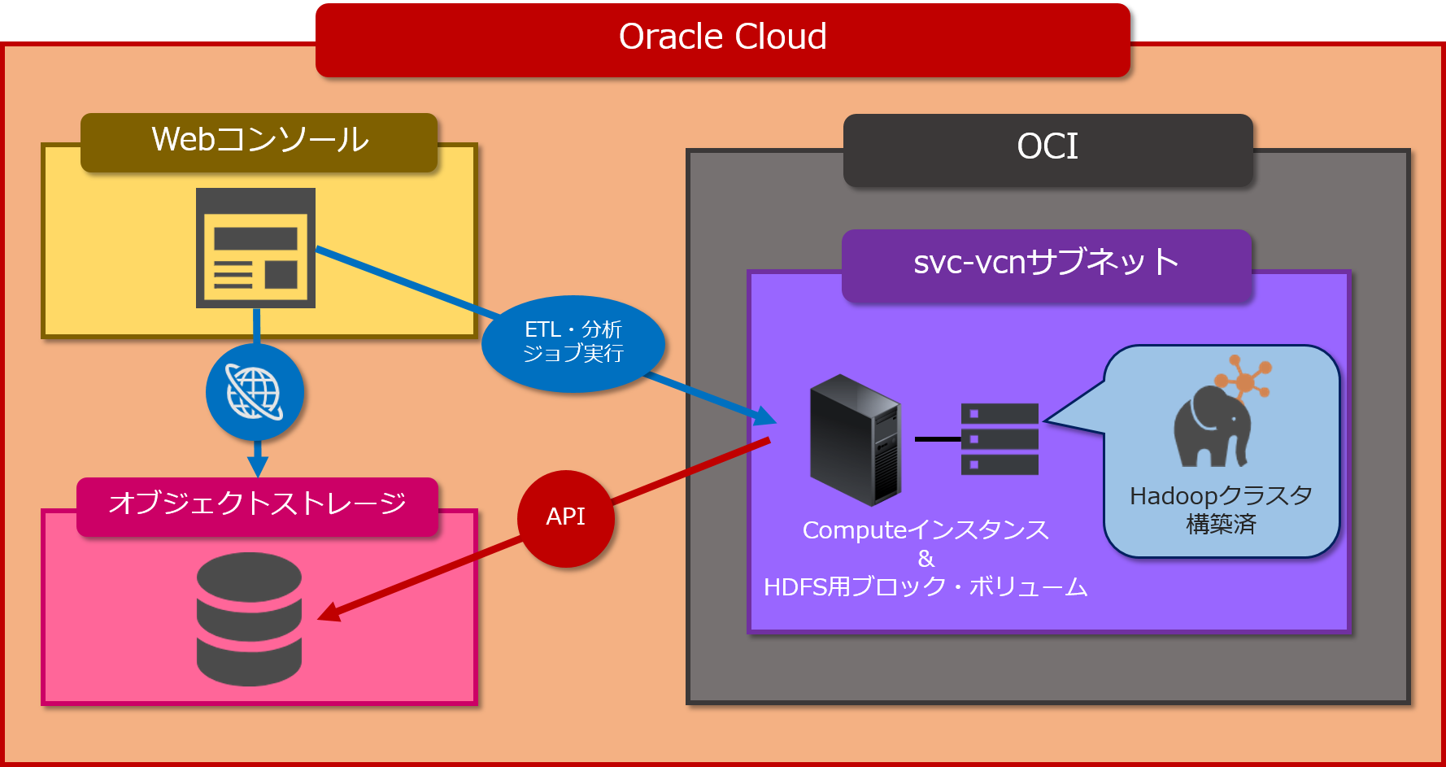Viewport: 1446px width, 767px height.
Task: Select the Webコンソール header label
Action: pyautogui.click(x=259, y=141)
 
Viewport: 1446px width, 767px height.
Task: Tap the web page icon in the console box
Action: pyautogui.click(x=255, y=248)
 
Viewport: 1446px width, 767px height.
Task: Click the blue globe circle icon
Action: pyautogui.click(x=255, y=393)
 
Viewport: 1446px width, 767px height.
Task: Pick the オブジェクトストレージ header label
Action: pyautogui.click(x=257, y=504)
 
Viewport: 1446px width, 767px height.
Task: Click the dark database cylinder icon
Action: pyautogui.click(x=249, y=619)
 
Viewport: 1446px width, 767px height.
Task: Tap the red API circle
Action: pyautogui.click(x=565, y=518)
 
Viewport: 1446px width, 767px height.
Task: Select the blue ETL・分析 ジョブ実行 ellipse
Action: pyautogui.click(x=573, y=342)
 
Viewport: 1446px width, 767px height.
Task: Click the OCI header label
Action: pyautogui.click(x=1047, y=149)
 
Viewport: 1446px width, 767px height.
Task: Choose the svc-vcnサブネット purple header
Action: pyautogui.click(x=1046, y=264)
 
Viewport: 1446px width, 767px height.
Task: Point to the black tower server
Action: pyautogui.click(x=856, y=439)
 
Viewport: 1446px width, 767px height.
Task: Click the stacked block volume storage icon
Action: pyautogui.click(x=1000, y=439)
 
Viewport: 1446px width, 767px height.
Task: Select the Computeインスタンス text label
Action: pyautogui.click(x=926, y=530)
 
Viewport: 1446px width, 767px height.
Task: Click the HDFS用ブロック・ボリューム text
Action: pyautogui.click(x=926, y=587)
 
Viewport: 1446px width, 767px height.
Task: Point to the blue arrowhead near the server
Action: pyautogui.click(x=765, y=416)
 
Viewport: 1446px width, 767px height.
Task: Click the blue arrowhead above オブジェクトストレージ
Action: pyautogui.click(x=257, y=466)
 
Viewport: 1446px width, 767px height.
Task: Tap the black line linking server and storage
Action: pyautogui.click(x=938, y=439)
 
